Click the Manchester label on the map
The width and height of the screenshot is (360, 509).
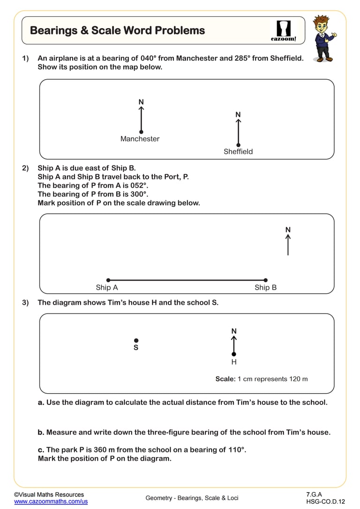point(140,139)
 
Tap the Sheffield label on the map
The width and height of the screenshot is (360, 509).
point(238,151)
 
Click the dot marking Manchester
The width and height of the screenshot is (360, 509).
point(141,132)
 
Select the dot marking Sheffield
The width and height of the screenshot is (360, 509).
point(238,145)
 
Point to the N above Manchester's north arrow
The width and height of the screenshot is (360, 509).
point(141,102)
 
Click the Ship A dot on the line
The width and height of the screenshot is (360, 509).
point(108,280)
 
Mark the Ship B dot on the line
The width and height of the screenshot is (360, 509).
point(266,280)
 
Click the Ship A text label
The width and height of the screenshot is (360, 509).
point(107,288)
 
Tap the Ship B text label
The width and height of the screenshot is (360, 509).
point(265,288)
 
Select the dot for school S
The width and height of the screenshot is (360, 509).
point(136,340)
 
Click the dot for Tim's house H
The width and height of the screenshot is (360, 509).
point(234,354)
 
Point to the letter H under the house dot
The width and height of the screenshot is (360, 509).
point(234,362)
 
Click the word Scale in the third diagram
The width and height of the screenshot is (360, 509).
point(225,379)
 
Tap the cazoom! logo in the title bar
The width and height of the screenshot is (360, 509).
point(284,31)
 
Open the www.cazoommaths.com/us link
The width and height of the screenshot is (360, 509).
point(51,502)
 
